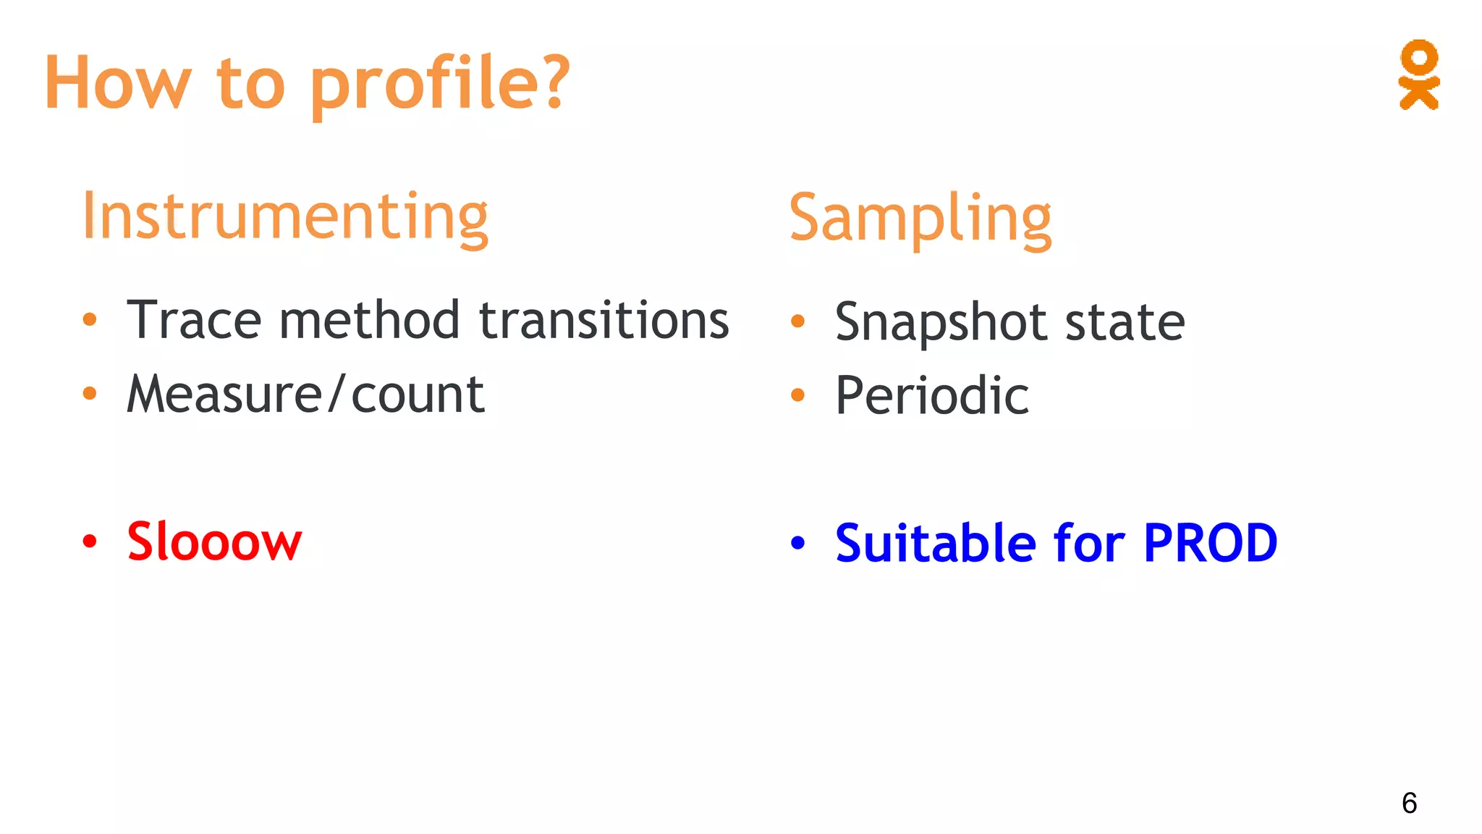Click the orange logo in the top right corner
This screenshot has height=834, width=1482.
click(1418, 75)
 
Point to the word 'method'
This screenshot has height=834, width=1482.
click(369, 320)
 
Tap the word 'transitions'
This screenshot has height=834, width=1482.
click(604, 320)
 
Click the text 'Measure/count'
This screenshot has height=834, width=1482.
click(305, 395)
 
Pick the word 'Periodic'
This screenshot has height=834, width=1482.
click(932, 396)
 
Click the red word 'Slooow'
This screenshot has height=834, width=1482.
click(214, 542)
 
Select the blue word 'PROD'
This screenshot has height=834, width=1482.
click(1210, 543)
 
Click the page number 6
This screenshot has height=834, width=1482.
click(1409, 803)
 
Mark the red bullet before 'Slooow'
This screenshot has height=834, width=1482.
click(89, 542)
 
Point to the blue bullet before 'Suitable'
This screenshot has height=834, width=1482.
click(797, 542)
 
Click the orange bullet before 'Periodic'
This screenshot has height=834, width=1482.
click(797, 395)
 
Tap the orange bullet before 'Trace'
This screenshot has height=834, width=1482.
click(89, 319)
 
